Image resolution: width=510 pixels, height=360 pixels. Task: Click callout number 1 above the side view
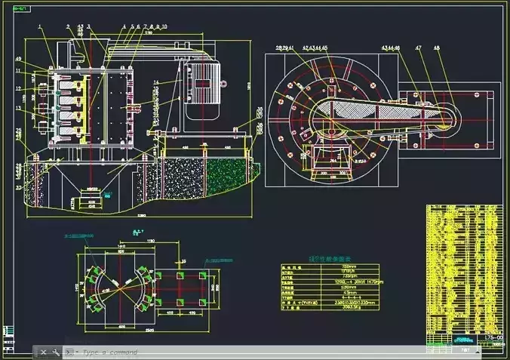(39, 27)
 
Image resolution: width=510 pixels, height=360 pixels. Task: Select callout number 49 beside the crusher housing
(18, 60)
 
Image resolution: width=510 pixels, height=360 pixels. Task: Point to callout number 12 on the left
(18, 89)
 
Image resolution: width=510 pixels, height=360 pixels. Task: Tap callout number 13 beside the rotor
(18, 108)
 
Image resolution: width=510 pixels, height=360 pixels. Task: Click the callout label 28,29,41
(285, 48)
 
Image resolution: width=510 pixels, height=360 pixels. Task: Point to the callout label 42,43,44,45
(315, 48)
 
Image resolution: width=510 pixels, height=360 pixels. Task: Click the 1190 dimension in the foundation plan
(151, 241)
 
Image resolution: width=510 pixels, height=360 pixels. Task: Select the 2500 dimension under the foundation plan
(132, 331)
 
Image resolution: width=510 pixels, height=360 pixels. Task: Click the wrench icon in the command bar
(55, 352)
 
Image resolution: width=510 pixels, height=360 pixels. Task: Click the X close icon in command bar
(44, 352)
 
